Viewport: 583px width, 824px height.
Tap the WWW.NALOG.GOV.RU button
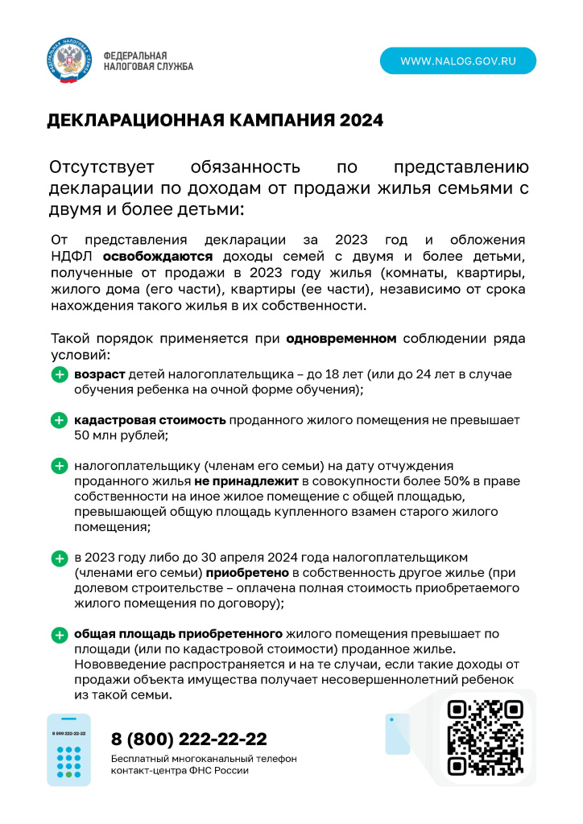457,60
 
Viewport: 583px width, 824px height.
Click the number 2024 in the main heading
361,121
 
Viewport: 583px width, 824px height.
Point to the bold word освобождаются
158,256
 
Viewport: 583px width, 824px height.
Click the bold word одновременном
341,339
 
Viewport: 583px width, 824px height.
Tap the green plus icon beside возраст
60,375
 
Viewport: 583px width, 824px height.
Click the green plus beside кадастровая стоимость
60,420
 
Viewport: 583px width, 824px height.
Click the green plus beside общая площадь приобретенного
60,634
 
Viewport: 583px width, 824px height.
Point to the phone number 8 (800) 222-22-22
188,739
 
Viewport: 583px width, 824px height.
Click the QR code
485,737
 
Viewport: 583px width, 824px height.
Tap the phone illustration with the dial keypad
69,749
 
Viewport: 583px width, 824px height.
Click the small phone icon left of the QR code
397,734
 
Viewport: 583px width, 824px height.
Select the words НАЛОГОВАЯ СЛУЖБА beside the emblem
148,67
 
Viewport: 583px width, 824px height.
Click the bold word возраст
99,374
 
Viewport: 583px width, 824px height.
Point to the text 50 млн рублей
120,435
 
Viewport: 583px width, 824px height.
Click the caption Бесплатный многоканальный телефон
204,759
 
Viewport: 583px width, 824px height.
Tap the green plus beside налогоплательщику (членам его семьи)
60,466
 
